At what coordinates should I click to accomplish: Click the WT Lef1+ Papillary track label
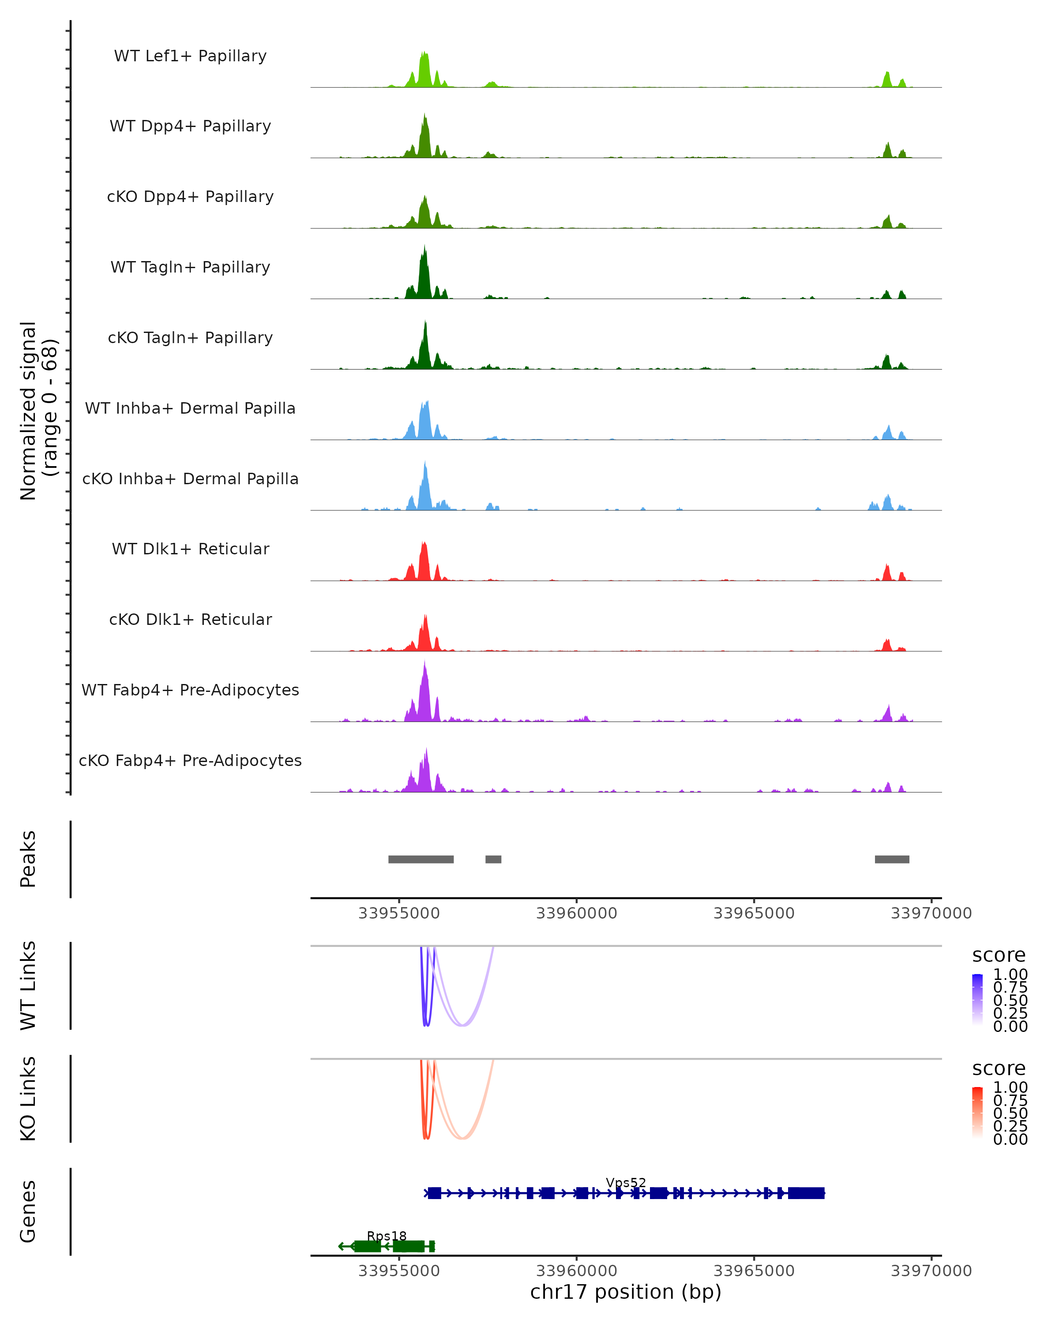pyautogui.click(x=190, y=56)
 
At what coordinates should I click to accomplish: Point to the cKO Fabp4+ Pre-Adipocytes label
pyautogui.click(x=190, y=760)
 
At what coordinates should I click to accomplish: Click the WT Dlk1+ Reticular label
pyautogui.click(x=190, y=549)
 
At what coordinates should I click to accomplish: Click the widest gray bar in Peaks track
pyautogui.click(x=421, y=859)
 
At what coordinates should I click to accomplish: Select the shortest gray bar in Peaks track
pyautogui.click(x=493, y=859)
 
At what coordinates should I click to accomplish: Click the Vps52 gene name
pyautogui.click(x=626, y=1182)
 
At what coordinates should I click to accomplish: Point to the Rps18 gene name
pyautogui.click(x=387, y=1236)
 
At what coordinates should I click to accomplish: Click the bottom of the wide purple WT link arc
pyautogui.click(x=463, y=1025)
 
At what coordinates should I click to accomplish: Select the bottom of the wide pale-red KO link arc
pyautogui.click(x=463, y=1138)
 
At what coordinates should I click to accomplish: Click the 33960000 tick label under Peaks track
pyautogui.click(x=576, y=913)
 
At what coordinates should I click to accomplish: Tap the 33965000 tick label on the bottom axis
pyautogui.click(x=754, y=1271)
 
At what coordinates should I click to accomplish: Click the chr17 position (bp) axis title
pyautogui.click(x=626, y=1292)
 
